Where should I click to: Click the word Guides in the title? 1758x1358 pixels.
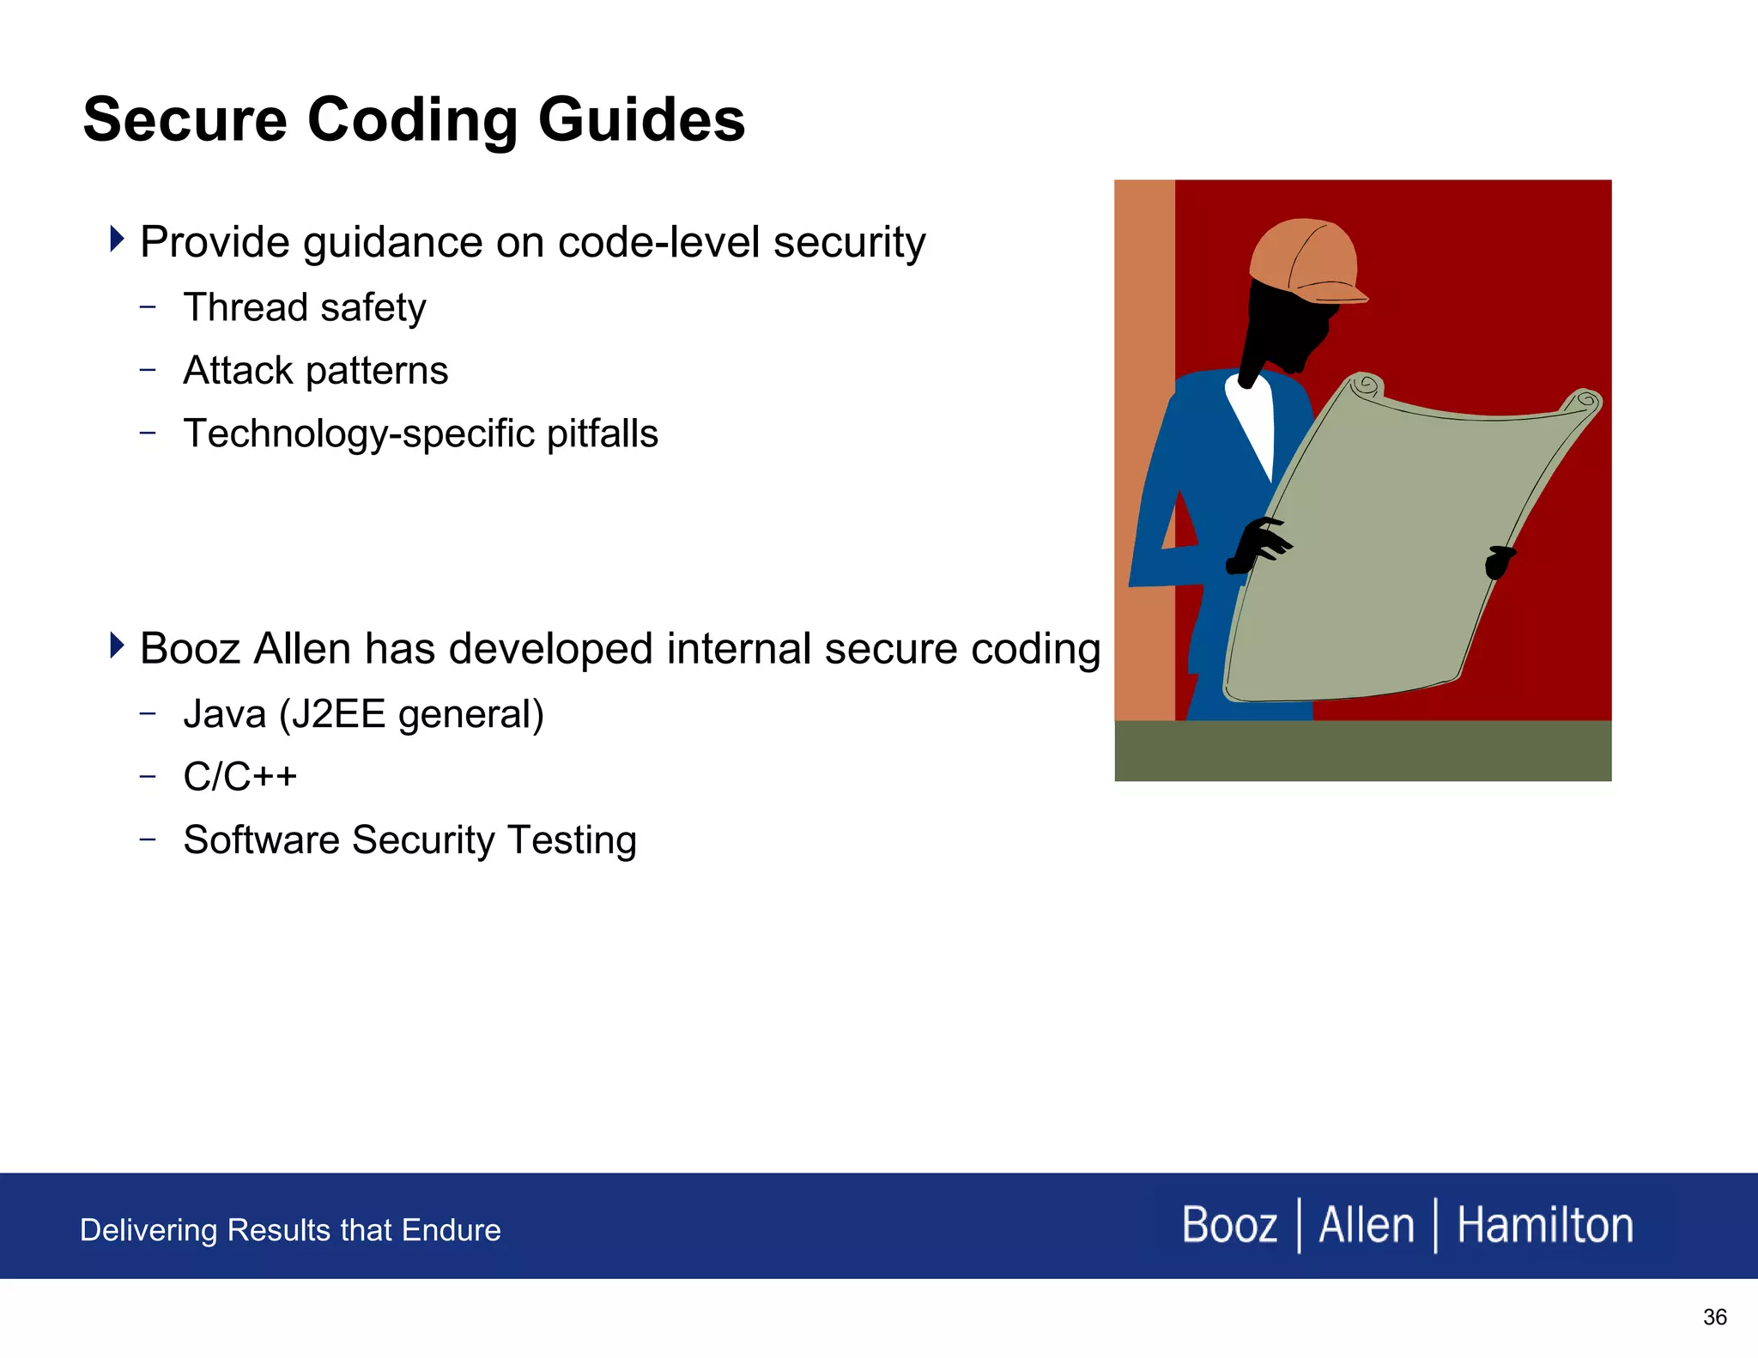coord(641,120)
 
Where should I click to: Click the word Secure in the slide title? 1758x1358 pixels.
coord(185,120)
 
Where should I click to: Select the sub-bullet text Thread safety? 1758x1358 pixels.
coord(304,307)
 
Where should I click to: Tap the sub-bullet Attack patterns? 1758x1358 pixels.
coord(315,371)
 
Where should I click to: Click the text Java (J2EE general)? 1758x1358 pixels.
coord(363,714)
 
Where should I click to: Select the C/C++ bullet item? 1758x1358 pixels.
coord(239,777)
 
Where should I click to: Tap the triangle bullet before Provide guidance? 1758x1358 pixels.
coord(117,239)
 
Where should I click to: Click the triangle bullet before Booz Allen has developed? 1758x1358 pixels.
coord(117,645)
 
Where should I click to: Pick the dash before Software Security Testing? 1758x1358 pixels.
coord(148,839)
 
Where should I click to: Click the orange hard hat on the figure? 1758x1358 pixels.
coord(1305,258)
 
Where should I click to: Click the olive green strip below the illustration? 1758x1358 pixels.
coord(1362,750)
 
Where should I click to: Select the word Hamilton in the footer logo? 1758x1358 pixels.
coord(1544,1225)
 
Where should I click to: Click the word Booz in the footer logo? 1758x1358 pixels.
coord(1229,1225)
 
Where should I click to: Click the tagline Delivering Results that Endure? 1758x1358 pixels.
coord(290,1230)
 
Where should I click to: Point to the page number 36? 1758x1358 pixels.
coord(1714,1317)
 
